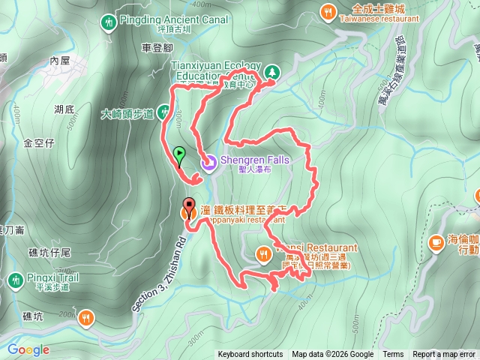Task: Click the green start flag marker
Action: (x=179, y=154)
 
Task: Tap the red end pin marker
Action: (x=188, y=205)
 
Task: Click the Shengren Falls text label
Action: (x=254, y=158)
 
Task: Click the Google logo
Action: (x=28, y=349)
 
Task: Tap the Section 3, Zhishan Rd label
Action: (x=157, y=262)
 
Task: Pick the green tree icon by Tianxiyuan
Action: (x=271, y=72)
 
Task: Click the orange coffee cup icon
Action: (x=436, y=241)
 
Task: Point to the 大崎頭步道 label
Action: (x=127, y=115)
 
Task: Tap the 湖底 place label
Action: (x=64, y=109)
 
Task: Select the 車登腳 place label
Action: (x=157, y=48)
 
